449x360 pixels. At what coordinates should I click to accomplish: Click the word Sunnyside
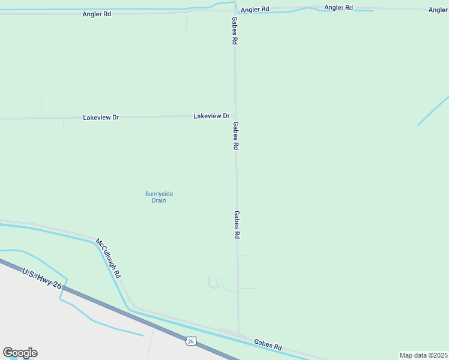[x=159, y=193]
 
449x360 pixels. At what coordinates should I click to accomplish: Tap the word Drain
[x=158, y=200]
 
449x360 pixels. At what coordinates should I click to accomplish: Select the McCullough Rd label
[x=109, y=258]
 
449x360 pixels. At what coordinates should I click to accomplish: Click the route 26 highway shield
[x=190, y=341]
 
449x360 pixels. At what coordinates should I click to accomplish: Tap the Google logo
[x=20, y=353]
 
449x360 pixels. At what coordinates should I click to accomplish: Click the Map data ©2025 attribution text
[x=424, y=355]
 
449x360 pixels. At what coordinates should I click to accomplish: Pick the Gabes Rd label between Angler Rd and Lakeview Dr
[x=235, y=31]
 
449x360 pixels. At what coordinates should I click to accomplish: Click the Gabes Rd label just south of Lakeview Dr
[x=237, y=136]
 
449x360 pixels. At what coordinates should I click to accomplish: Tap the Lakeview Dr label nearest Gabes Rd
[x=211, y=116]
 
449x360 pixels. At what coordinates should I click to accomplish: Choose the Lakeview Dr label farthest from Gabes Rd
[x=101, y=118]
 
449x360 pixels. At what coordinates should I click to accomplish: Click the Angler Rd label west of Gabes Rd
[x=97, y=14]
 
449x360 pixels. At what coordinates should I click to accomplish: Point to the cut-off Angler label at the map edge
[x=438, y=10]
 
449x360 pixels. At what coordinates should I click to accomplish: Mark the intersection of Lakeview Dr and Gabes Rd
[x=236, y=116]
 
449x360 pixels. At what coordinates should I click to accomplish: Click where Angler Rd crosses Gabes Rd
[x=235, y=10]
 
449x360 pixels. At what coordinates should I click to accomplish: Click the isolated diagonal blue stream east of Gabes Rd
[x=433, y=110]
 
